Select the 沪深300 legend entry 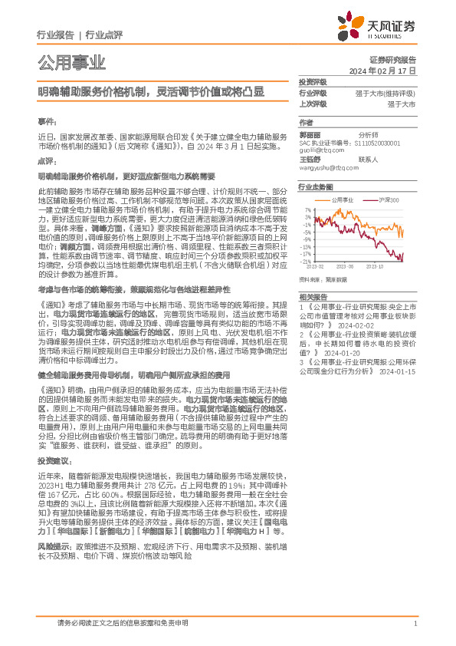(387, 199)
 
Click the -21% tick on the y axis (307, 262)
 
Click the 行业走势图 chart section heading (316, 186)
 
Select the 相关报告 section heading (313, 295)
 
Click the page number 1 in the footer (415, 624)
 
